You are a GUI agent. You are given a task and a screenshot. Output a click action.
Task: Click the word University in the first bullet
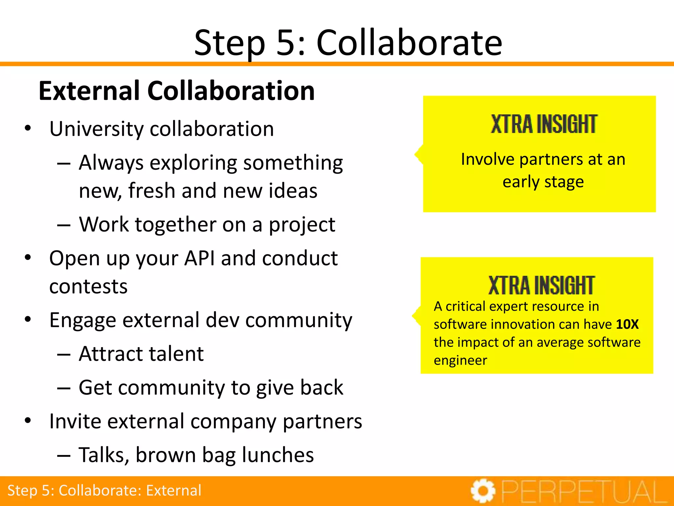click(x=96, y=129)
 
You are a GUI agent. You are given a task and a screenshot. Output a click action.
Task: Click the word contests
click(x=88, y=287)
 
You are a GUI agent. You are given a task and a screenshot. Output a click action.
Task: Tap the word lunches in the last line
click(x=278, y=455)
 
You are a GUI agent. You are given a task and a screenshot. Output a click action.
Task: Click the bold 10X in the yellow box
click(x=627, y=324)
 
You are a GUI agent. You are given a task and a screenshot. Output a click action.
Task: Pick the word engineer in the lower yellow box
click(x=460, y=361)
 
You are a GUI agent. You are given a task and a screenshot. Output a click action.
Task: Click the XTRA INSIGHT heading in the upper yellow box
click(x=543, y=125)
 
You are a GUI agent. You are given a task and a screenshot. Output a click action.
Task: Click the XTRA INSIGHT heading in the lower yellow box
click(x=541, y=286)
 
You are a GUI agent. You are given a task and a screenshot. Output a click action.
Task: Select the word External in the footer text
click(x=173, y=491)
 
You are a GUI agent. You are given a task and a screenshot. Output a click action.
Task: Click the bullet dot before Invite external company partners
click(x=28, y=421)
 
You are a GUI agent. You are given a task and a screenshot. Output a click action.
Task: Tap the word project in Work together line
click(x=302, y=225)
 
